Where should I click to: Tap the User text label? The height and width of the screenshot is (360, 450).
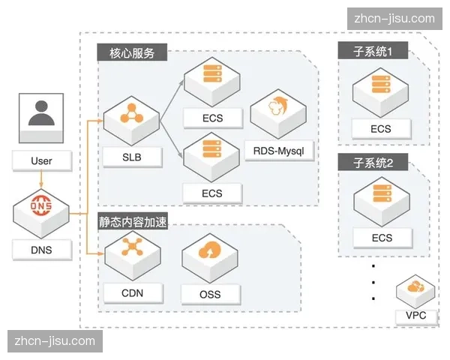tap(41, 160)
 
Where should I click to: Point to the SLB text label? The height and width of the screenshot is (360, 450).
tap(131, 157)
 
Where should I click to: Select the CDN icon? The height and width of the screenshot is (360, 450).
tap(132, 250)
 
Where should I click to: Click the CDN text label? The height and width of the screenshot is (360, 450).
tap(132, 292)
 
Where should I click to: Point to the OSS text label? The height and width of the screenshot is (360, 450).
tap(211, 294)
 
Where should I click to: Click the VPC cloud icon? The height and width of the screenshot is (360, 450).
tap(414, 288)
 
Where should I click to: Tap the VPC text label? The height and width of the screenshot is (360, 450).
tap(415, 316)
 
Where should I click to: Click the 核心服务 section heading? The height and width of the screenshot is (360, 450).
tap(132, 54)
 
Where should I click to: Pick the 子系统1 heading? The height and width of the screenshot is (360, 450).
tap(379, 52)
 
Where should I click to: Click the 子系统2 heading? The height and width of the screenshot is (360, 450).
tap(379, 162)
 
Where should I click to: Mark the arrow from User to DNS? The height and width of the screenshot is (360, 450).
tap(41, 179)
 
